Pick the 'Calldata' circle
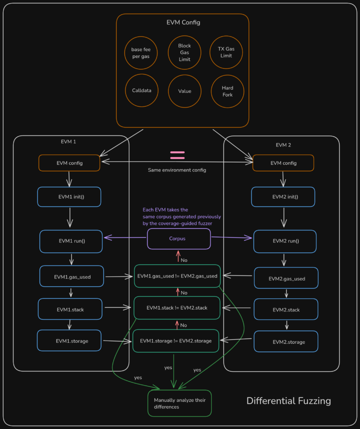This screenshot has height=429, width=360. coord(141,90)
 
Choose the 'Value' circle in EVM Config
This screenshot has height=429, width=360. coord(184,91)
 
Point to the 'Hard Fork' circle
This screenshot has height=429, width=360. coord(226,91)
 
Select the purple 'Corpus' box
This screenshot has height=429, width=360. coord(178,238)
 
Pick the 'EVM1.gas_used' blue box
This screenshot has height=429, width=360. coord(71,277)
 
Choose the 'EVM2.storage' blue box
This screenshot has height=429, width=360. coord(286,341)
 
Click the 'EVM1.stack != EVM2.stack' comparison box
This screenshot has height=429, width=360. coord(177,308)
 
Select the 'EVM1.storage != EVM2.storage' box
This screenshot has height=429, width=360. coord(176,340)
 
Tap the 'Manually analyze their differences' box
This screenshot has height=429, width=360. coord(180,403)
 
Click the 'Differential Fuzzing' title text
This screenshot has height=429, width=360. coord(288,401)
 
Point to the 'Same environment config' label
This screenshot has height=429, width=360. coord(177,170)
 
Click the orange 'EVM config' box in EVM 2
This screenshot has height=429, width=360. coord(283,163)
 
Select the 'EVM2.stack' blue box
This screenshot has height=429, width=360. coord(286,309)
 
